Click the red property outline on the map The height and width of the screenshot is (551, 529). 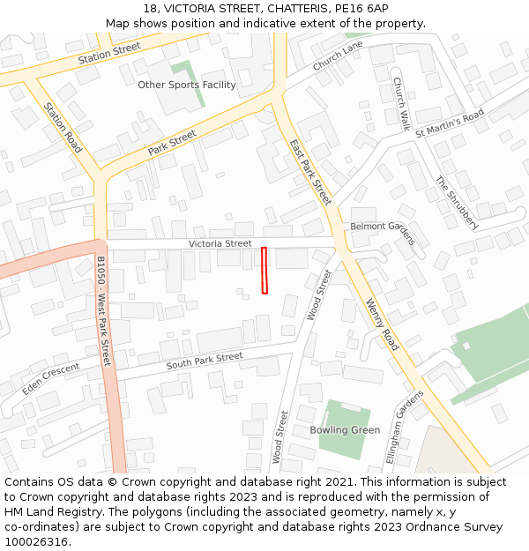(x=264, y=270)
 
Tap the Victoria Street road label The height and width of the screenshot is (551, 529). (x=220, y=243)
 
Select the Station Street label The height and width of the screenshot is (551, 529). (x=109, y=53)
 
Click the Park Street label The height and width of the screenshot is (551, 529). (x=172, y=143)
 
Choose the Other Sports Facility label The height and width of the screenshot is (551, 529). (x=187, y=85)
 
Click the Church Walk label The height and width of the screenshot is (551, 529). (x=400, y=104)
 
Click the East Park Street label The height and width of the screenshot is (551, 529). (x=310, y=172)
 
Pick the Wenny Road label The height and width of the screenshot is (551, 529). (x=382, y=324)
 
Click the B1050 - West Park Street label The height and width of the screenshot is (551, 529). (x=103, y=311)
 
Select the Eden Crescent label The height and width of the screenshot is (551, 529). (x=50, y=378)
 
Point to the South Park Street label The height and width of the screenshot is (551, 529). (x=204, y=361)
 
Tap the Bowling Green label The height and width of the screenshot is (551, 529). (x=345, y=430)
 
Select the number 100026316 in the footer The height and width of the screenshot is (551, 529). (x=37, y=542)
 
